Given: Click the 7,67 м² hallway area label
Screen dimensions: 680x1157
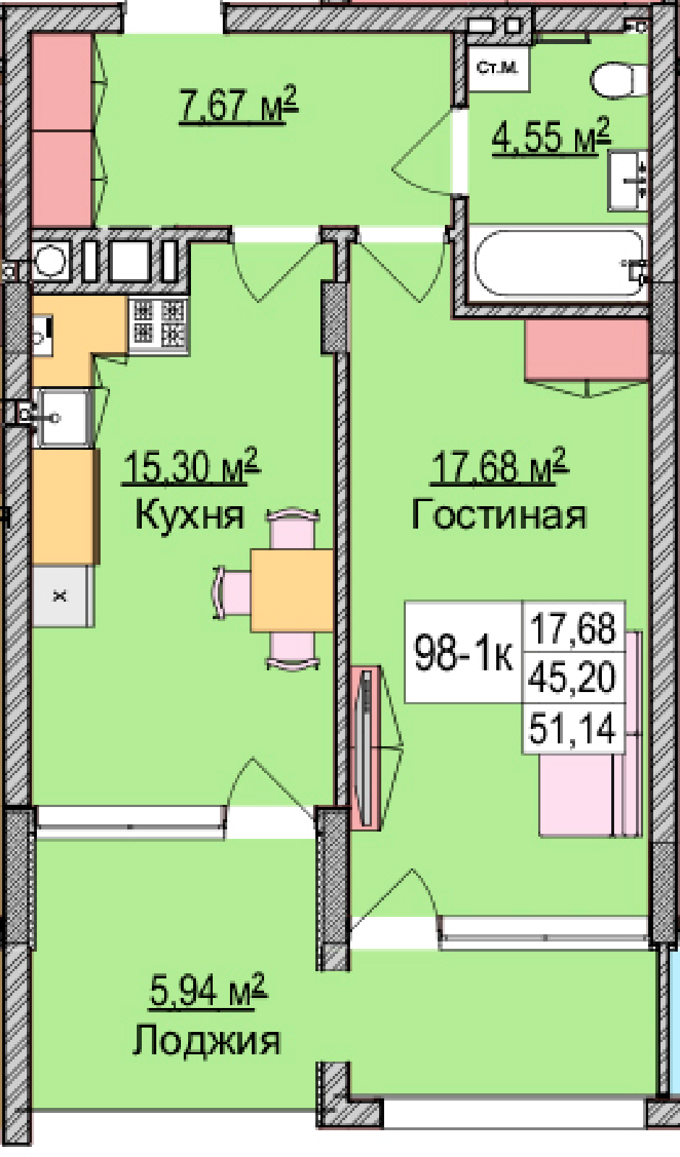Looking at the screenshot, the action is pyautogui.click(x=239, y=105).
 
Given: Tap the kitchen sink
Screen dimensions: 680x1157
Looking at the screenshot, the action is pyautogui.click(x=64, y=418).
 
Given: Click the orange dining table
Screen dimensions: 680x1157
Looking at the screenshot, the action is pyautogui.click(x=292, y=590).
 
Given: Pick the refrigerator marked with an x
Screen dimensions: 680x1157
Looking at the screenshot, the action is pyautogui.click(x=63, y=596).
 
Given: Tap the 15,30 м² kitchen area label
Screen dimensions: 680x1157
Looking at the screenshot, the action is pyautogui.click(x=190, y=466).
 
